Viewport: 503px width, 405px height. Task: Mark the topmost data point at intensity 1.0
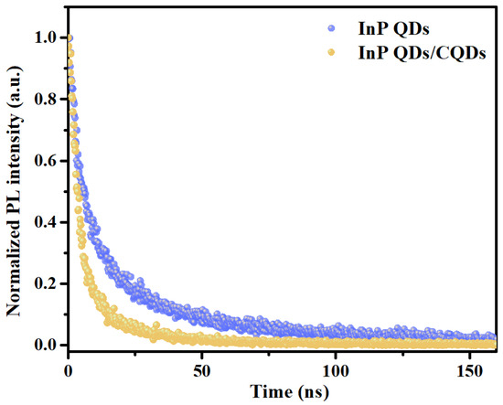[x=69, y=38]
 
